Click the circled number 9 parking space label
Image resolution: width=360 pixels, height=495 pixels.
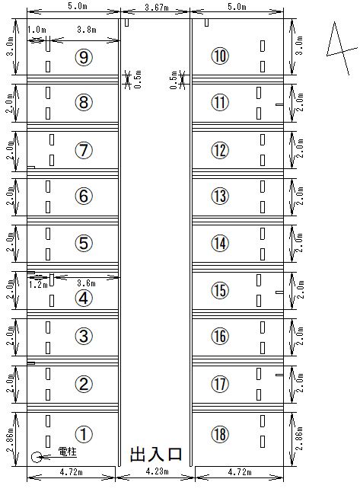(84, 57)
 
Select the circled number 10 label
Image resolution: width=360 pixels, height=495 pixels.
(220, 56)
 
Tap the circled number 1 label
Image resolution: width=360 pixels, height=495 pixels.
(84, 434)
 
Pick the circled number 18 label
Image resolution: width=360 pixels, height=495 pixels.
(220, 434)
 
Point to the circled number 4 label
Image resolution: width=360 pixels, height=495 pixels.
(84, 299)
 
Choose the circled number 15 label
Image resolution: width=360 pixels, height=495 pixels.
(220, 290)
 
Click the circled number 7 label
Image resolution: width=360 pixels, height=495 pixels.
(84, 150)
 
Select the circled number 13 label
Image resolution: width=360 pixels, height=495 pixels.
(220, 196)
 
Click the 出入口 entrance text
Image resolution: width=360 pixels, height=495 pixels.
(156, 455)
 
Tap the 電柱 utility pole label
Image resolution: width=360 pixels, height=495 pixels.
(68, 452)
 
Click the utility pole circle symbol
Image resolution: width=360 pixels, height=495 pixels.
(37, 457)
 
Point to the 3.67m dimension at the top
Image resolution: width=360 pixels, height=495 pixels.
(157, 7)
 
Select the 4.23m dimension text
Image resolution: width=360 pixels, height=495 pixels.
(157, 471)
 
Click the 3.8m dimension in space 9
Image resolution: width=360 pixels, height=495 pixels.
(87, 30)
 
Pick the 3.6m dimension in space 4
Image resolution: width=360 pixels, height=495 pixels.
(86, 283)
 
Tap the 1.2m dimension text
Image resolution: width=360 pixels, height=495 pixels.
(38, 285)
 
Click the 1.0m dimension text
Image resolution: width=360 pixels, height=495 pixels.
(37, 30)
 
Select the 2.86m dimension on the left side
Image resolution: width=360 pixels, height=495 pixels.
(10, 439)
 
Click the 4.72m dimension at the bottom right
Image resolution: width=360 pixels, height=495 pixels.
(240, 472)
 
